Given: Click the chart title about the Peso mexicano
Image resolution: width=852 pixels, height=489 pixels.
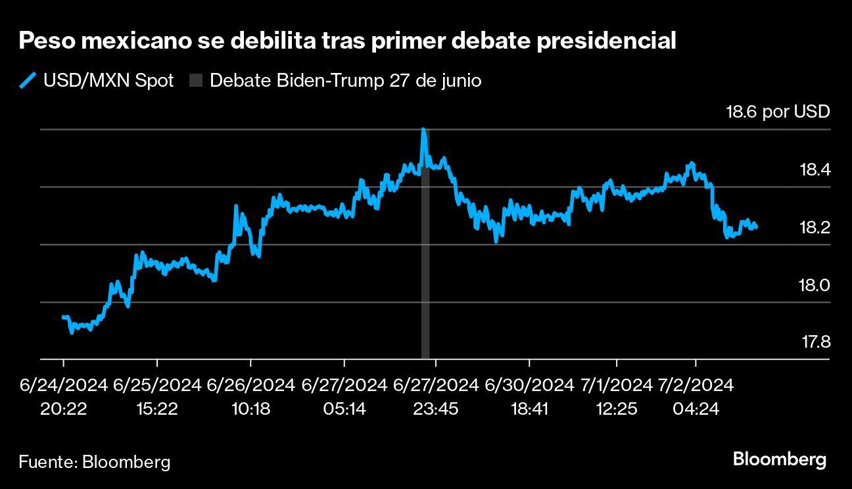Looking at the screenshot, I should point(348,41).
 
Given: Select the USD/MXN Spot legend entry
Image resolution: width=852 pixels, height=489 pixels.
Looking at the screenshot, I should point(97,81).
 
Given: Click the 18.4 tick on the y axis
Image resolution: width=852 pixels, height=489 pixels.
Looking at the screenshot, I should point(815,170).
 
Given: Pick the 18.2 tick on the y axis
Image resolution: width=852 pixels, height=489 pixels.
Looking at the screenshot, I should point(815,227).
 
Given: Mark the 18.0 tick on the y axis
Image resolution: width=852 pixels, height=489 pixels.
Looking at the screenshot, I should point(815,285).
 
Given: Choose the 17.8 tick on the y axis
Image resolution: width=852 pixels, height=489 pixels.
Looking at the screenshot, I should point(815,342).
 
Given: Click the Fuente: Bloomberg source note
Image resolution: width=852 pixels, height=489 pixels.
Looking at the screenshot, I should point(94,461).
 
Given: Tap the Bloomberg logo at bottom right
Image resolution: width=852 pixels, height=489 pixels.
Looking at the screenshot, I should point(779,459).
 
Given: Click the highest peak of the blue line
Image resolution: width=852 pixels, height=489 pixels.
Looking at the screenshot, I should point(423,130).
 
